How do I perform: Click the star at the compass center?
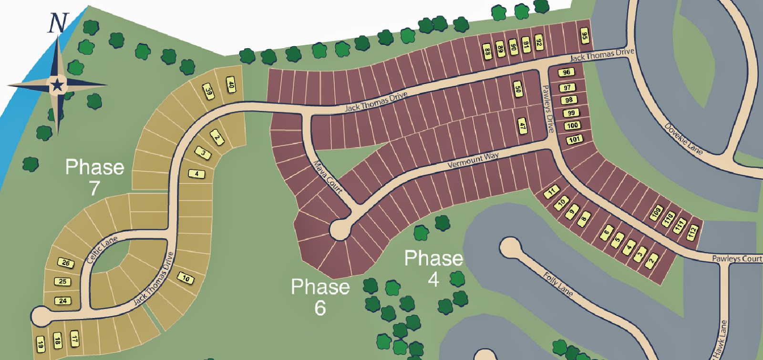click(x=57, y=85)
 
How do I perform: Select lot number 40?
click(x=231, y=86)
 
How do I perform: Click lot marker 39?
click(x=208, y=91)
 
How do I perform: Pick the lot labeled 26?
click(x=66, y=263)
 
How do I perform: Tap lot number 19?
click(x=41, y=344)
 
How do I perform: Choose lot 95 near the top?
click(x=584, y=36)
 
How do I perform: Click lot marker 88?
click(x=487, y=51)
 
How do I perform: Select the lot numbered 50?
click(x=518, y=89)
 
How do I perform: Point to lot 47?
click(x=522, y=126)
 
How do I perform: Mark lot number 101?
click(x=574, y=140)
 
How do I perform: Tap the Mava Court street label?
click(x=328, y=177)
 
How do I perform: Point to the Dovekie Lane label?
click(x=684, y=139)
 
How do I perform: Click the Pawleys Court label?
click(x=737, y=258)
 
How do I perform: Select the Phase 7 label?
click(x=94, y=177)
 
